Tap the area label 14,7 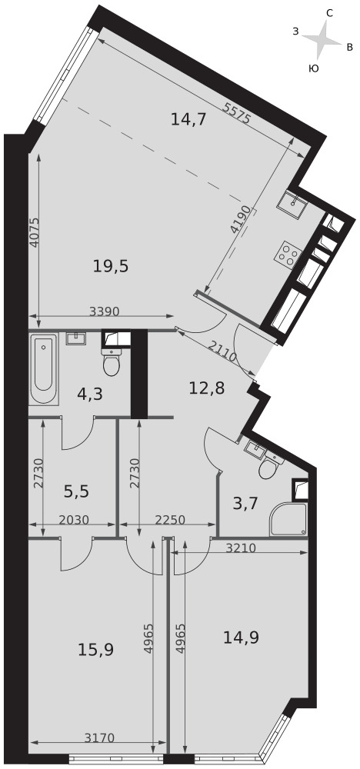click(188, 119)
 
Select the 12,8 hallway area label click(207, 388)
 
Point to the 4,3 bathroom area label click(90, 394)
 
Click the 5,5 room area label click(76, 491)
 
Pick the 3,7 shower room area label click(245, 504)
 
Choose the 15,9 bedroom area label click(96, 650)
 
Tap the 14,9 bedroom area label click(241, 637)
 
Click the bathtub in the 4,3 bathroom click(44, 369)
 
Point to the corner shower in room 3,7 click(288, 519)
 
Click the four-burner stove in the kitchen click(288, 254)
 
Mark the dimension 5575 click(237, 114)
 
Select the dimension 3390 click(105, 311)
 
